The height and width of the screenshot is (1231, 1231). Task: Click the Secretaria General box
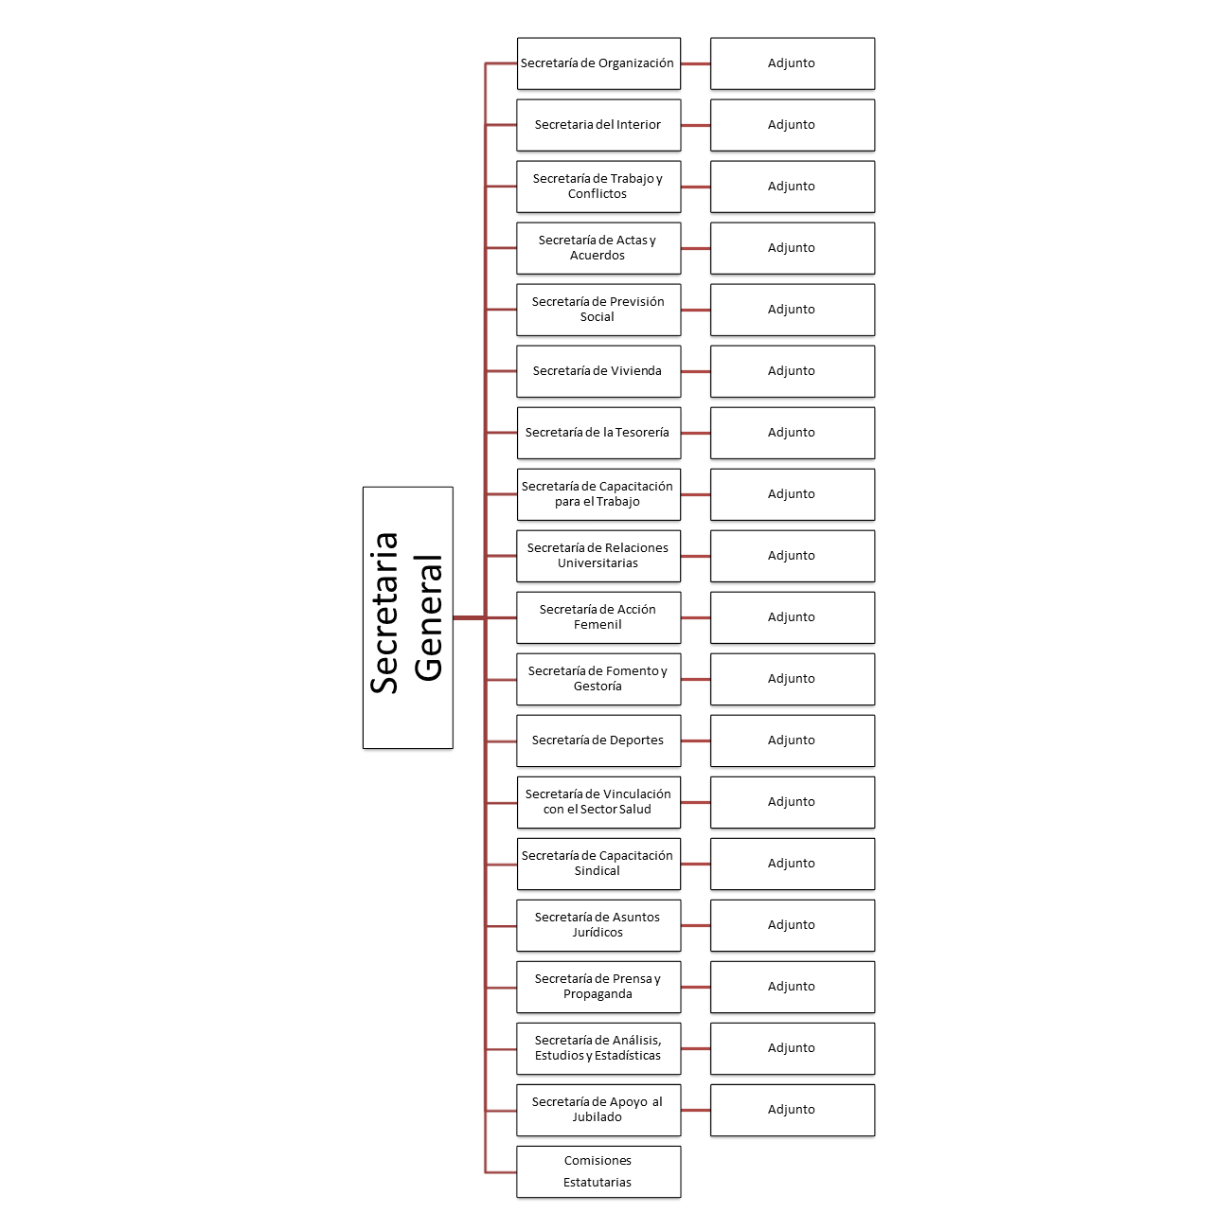click(x=407, y=617)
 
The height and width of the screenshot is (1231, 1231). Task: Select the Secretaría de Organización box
click(x=598, y=63)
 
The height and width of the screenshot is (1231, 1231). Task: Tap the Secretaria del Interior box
click(x=598, y=125)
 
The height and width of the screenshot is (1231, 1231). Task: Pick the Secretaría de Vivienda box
click(x=598, y=371)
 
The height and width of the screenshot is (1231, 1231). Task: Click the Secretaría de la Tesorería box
click(x=598, y=433)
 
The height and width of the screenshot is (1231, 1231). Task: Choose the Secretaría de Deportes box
click(x=598, y=740)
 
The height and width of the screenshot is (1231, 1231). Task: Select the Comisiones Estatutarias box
click(x=598, y=1171)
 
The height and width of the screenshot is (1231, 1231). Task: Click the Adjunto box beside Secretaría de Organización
click(x=793, y=63)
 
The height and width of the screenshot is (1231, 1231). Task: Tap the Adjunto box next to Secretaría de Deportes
click(x=793, y=740)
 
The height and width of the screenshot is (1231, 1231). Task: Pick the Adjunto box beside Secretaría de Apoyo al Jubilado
click(x=793, y=1110)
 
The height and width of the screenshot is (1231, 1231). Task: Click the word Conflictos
click(x=598, y=193)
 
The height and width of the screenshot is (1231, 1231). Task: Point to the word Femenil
click(x=598, y=624)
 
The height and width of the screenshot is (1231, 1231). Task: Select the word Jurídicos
click(x=598, y=932)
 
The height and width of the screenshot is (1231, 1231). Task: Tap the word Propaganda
click(x=598, y=994)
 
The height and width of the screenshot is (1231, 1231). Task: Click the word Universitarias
click(x=598, y=562)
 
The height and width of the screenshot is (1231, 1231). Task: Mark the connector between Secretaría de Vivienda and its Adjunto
click(x=696, y=371)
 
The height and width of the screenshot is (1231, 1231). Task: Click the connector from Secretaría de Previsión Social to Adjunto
click(x=696, y=310)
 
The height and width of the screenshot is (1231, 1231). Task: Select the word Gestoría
click(x=598, y=687)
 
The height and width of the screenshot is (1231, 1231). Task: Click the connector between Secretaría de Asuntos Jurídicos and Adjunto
click(x=696, y=925)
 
